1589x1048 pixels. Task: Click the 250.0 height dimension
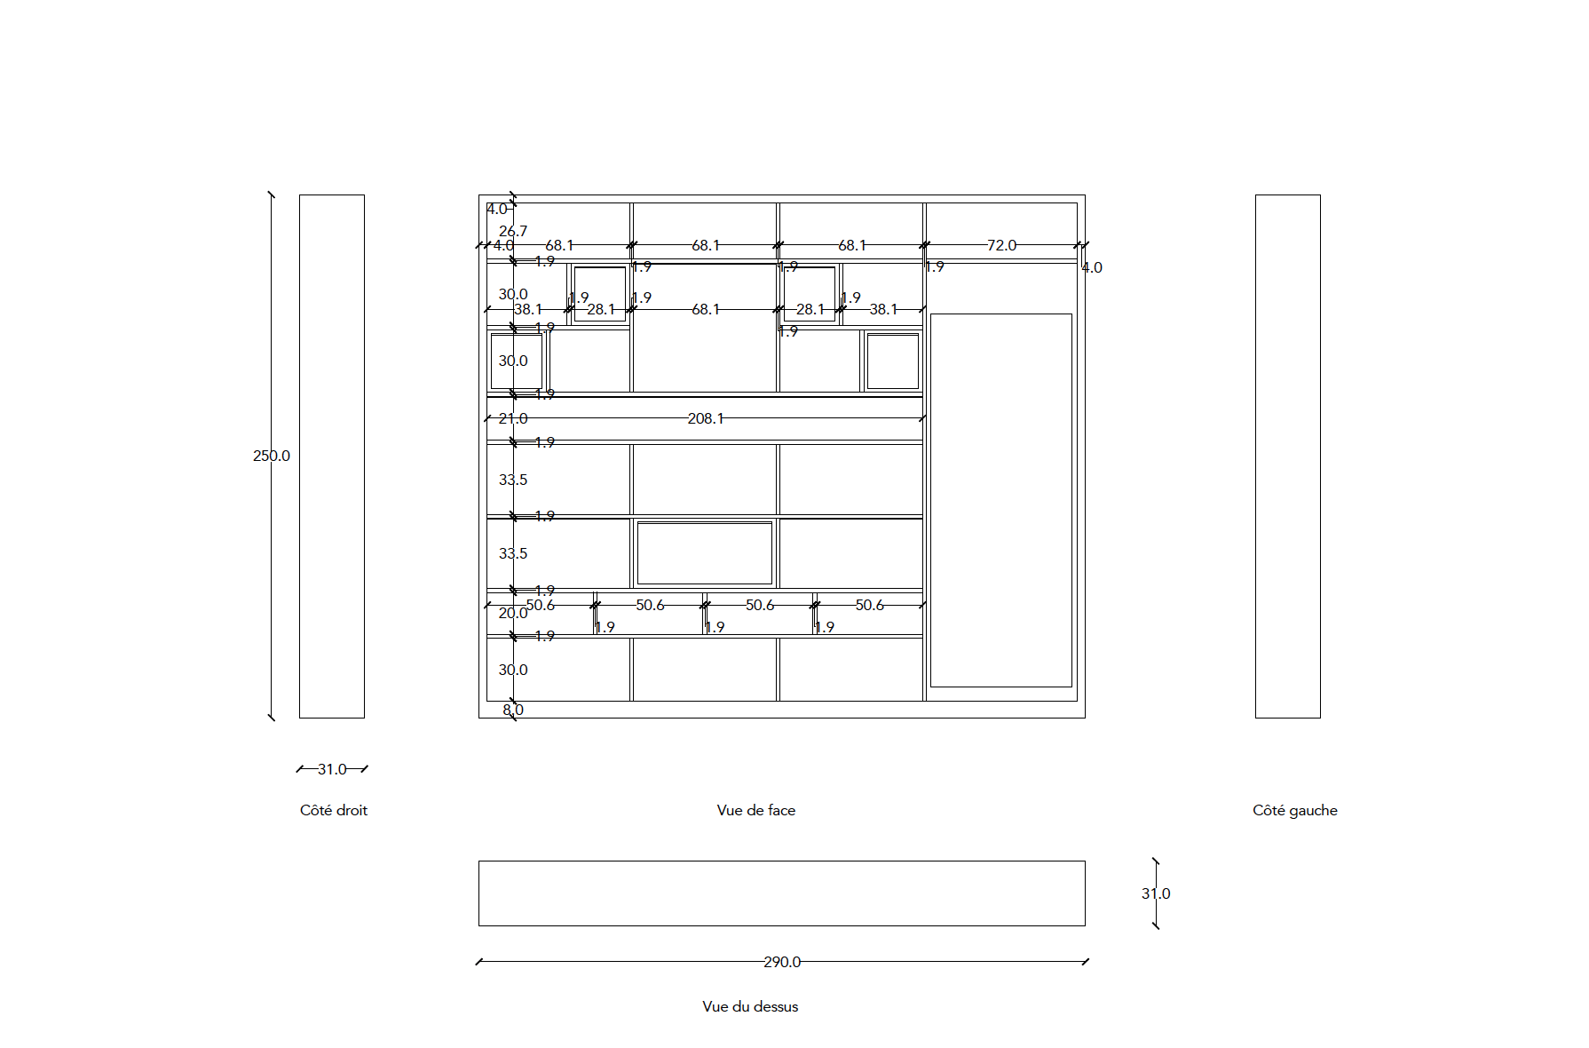coord(271,456)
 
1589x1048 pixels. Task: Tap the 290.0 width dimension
coord(781,962)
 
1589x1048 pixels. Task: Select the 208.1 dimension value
coord(705,418)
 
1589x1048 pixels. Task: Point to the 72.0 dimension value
coord(1001,245)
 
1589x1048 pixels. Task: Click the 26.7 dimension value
coord(512,231)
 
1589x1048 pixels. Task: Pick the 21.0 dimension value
coord(512,418)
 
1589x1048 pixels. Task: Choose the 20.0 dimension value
coord(512,613)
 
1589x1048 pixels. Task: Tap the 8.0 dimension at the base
coord(513,710)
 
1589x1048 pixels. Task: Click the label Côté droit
coord(333,810)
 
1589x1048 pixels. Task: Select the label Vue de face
coord(755,810)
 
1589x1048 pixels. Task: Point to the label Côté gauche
coord(1294,810)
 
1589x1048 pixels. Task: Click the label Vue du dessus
coord(750,1006)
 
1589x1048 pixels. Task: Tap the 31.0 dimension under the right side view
coord(332,769)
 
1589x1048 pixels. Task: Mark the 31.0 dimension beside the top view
coord(1156,893)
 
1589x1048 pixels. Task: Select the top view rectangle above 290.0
coord(781,893)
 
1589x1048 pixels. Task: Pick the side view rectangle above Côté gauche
coord(1287,456)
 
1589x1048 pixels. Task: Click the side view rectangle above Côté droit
coord(331,456)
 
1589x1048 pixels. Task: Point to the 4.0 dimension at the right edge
coord(1092,267)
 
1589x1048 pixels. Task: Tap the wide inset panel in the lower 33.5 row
coord(704,552)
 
